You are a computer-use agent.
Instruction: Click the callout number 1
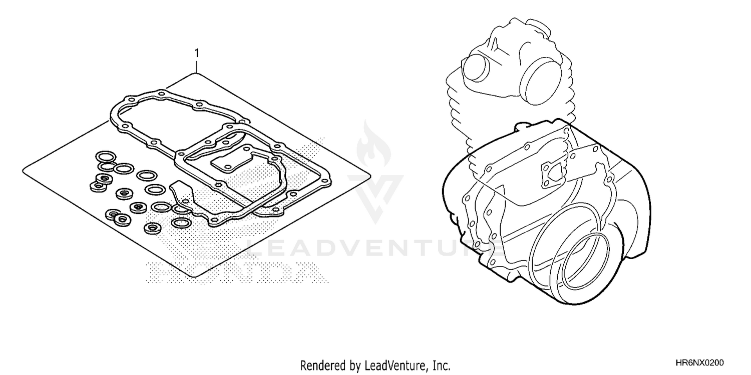[197, 53]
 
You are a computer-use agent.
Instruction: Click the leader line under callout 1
[197, 66]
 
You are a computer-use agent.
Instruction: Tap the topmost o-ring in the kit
[104, 156]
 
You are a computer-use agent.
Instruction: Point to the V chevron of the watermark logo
[375, 192]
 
